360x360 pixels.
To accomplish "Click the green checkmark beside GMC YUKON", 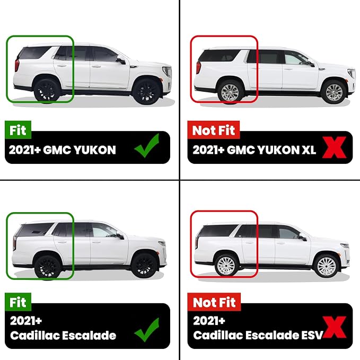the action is coord(147,146).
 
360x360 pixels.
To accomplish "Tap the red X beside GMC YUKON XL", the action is coord(334,147).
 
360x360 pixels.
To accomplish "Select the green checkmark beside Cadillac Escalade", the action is coord(147,330).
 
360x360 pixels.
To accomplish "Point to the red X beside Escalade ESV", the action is coord(334,327).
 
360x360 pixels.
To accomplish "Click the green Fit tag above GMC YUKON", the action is coord(18,130).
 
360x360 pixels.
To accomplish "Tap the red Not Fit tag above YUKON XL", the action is coord(214,130).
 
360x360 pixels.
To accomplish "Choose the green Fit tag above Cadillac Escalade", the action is coord(18,302).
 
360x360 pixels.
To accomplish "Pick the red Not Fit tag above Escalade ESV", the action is coord(214,302).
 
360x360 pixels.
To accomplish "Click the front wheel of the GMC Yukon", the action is coord(146,92).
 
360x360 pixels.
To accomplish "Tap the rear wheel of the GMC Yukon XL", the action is coord(230,93).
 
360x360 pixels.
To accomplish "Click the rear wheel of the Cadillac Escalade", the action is coord(48,267).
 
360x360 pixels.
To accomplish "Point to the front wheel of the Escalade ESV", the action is coord(326,266).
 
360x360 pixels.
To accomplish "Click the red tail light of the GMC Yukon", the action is coord(17,65).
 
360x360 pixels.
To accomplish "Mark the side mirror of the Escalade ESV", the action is coord(303,238).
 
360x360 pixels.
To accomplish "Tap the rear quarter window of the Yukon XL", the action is coord(218,56).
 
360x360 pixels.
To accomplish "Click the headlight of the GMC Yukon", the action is coord(167,72).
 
